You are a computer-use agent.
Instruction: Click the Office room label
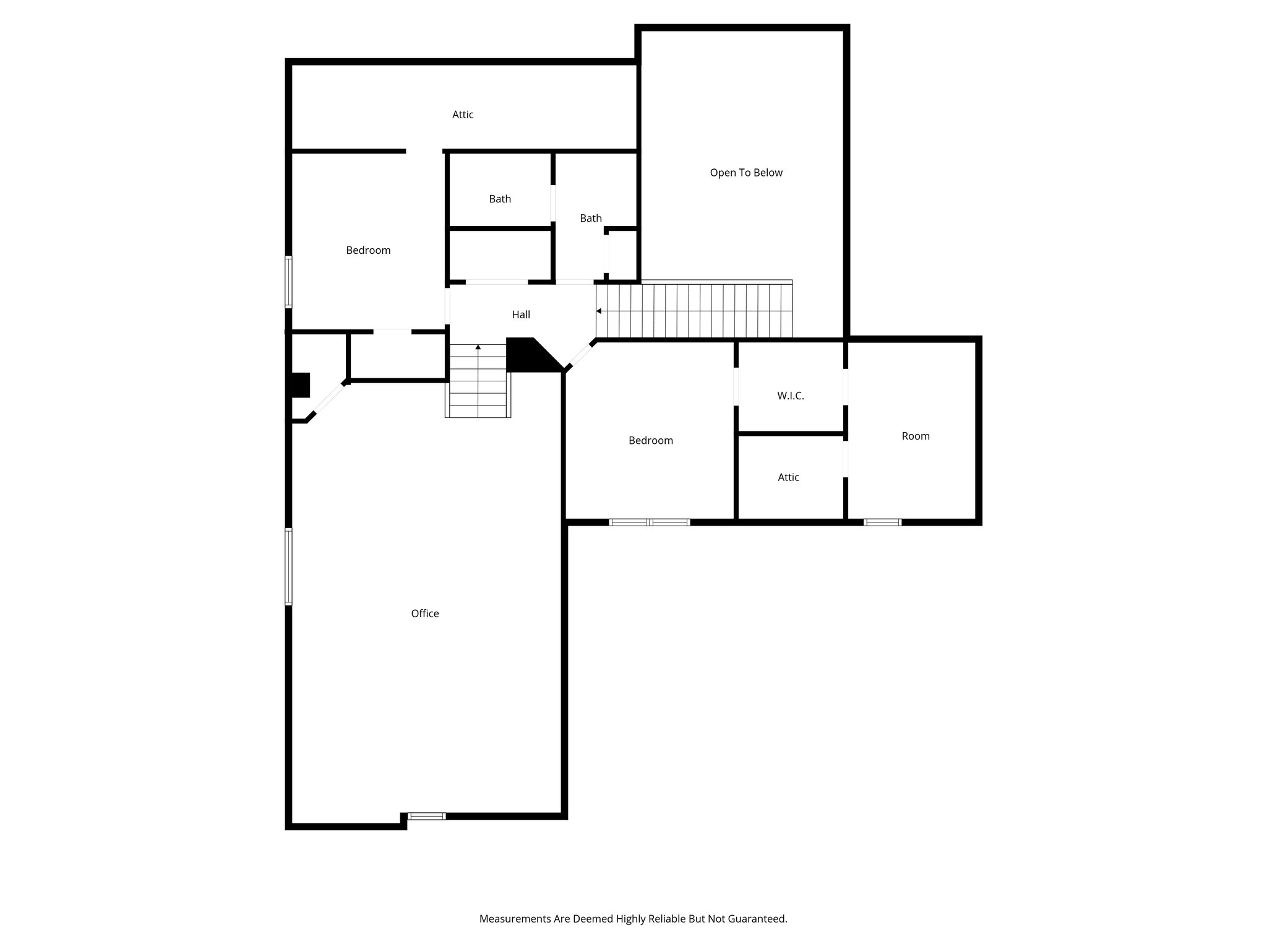pos(425,614)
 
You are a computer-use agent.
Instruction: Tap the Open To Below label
pos(746,173)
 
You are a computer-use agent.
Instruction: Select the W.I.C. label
pos(791,396)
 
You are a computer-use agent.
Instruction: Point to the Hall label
pos(521,315)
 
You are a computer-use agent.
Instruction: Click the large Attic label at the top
pos(463,115)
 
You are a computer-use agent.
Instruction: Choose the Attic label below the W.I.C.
pos(788,477)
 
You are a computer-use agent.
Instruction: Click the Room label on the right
pos(916,436)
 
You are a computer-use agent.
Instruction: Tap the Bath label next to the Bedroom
pos(500,199)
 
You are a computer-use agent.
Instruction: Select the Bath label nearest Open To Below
pos(591,218)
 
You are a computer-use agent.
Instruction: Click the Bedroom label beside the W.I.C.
pos(651,440)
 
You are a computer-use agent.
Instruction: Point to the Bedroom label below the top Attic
pos(368,250)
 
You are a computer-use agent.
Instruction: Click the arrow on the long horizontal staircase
pos(599,311)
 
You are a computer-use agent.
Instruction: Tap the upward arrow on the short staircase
pos(478,347)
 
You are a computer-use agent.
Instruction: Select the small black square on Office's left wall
pos(301,384)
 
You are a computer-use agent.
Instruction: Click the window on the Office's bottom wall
pos(426,816)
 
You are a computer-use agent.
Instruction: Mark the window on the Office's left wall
pos(288,566)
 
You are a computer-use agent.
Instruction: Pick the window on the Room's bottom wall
pos(882,522)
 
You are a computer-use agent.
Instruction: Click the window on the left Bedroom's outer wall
pos(288,282)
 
